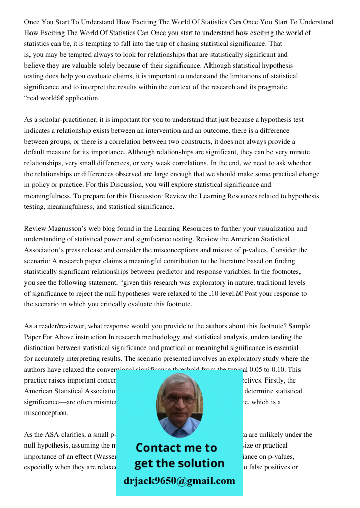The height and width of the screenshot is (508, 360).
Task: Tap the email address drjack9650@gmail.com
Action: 179,481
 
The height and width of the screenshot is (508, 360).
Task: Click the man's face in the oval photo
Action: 179,401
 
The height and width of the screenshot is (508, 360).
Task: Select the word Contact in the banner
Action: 158,448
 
